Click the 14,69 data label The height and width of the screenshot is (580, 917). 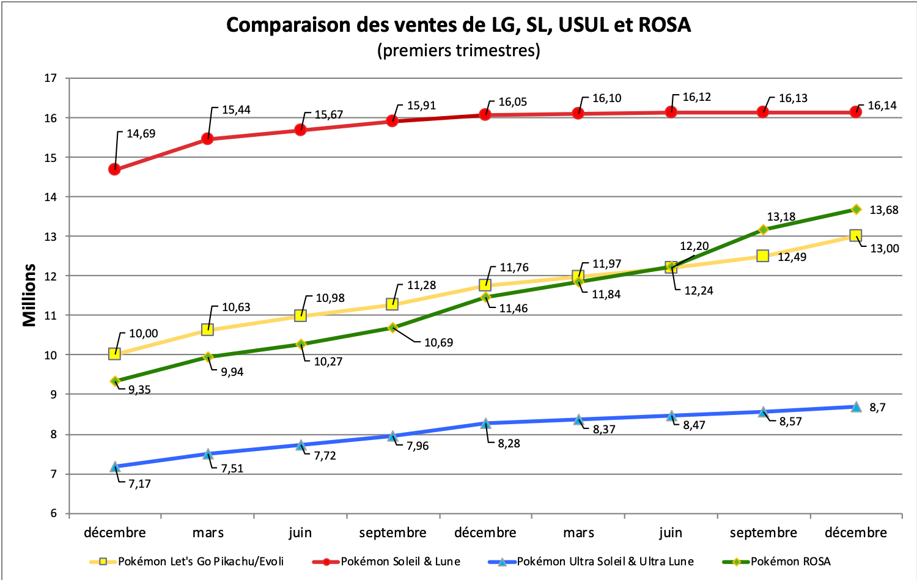(x=141, y=134)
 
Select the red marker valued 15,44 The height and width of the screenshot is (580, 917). (x=207, y=139)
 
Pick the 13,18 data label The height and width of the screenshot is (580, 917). (x=781, y=217)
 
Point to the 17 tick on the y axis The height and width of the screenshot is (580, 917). (x=51, y=78)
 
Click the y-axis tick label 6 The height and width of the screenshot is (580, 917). (x=53, y=513)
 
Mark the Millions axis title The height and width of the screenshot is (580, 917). (x=29, y=295)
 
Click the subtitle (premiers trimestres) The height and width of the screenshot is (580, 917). (x=458, y=50)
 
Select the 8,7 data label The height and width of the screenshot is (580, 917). (x=877, y=408)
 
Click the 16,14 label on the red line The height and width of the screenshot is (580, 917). (x=882, y=106)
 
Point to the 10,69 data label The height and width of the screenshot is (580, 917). (x=439, y=343)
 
